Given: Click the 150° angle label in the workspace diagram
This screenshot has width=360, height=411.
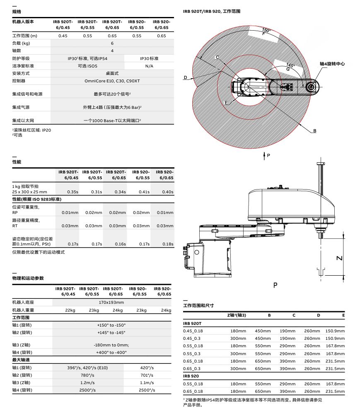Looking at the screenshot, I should pos(267,30).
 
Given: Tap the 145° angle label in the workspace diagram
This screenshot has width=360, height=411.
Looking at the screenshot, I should pos(290,65).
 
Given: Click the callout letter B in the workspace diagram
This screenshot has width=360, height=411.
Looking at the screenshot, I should pos(314,131).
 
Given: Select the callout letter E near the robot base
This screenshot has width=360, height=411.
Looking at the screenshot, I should pos(226,103).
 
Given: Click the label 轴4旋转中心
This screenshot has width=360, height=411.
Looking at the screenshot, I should pos(332,64).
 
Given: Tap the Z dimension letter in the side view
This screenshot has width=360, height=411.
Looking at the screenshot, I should pos(339,257).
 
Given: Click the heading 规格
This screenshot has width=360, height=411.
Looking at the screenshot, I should pos(17,12).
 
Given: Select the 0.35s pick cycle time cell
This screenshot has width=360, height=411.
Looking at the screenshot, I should pos(72,192).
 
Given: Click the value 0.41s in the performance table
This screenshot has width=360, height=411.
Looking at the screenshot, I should pos(144,192).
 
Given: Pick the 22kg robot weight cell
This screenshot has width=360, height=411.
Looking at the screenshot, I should pos(70,310).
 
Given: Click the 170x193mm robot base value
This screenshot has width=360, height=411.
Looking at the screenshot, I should pos(111,302).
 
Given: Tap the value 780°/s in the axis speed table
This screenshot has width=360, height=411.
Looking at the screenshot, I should pos(88,375).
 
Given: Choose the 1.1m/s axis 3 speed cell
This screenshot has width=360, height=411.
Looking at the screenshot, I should pos(147,382).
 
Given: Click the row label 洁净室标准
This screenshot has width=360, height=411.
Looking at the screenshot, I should pos(23,66).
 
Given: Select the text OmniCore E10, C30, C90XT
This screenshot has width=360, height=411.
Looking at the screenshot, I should pos(112,81).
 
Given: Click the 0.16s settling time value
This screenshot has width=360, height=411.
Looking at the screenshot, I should pos(120,244).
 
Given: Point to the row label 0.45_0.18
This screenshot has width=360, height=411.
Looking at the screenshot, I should pos(193,331).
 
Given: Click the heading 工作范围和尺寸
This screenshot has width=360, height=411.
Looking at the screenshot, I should pos(198,305).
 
